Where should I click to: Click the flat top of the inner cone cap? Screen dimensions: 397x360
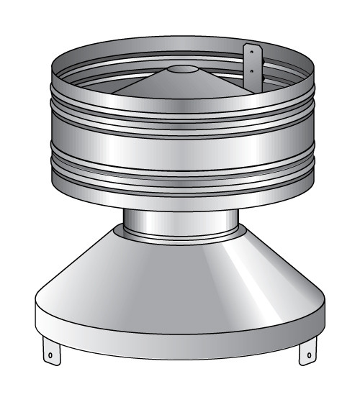point(181,70)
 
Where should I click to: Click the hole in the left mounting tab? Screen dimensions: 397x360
point(51,353)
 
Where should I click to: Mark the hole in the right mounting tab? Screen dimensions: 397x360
point(308,354)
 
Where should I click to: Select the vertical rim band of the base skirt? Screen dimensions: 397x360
point(180,327)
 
